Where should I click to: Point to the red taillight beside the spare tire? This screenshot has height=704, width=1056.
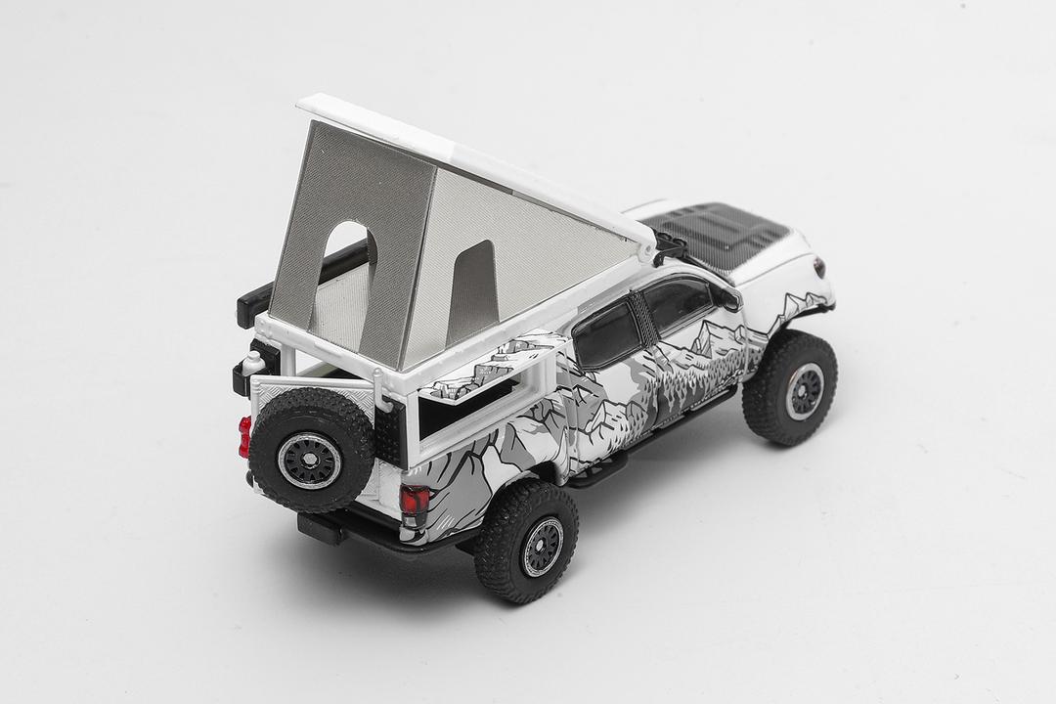click(244, 437)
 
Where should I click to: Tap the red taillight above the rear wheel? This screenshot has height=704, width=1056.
click(414, 501)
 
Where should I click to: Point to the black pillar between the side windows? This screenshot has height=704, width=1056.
click(639, 318)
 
